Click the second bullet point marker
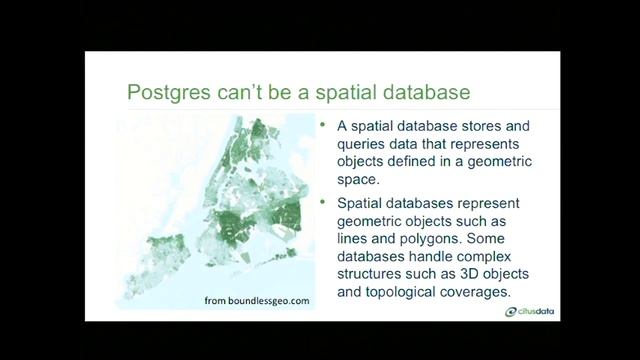click(x=323, y=204)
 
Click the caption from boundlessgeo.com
click(x=248, y=300)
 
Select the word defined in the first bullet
click(x=418, y=165)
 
